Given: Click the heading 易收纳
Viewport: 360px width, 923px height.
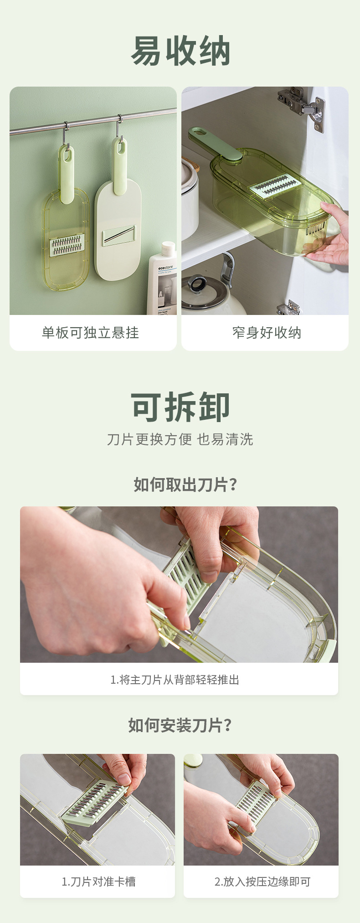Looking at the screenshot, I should [x=180, y=52].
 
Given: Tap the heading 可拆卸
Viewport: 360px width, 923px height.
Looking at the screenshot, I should [x=180, y=407].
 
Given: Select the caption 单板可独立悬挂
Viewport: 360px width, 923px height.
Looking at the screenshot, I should [x=90, y=333].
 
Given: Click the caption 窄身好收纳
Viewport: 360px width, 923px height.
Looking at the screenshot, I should [x=267, y=333].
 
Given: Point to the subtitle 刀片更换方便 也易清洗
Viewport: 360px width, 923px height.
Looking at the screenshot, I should [x=180, y=439].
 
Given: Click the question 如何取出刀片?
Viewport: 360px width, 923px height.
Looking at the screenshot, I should [x=185, y=485].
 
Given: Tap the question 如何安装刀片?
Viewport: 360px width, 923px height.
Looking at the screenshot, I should [x=180, y=725].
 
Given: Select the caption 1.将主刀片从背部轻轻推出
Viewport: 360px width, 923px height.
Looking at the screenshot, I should [x=175, y=680].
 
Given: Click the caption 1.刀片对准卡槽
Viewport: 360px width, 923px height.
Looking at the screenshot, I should [x=98, y=882].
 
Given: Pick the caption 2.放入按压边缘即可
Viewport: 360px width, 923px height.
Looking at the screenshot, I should [x=262, y=882].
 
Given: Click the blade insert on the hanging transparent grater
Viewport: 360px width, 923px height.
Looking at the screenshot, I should [x=67, y=245].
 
